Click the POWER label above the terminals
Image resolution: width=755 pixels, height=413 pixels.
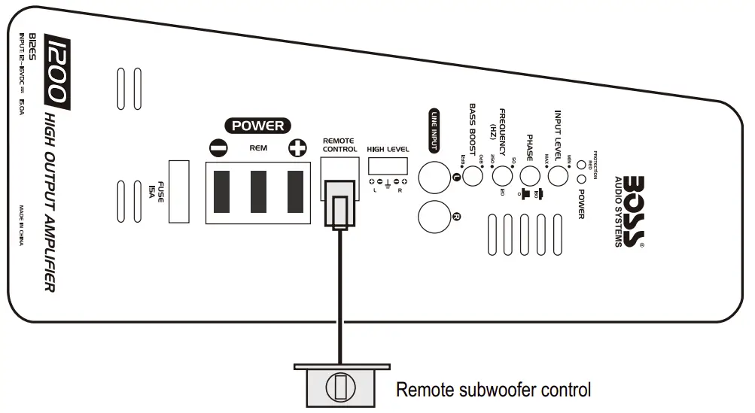point(258,126)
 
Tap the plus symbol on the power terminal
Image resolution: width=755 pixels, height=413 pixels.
point(297,149)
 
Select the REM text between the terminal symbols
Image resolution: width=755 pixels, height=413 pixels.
point(258,148)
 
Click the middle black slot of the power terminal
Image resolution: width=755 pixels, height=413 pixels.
point(258,191)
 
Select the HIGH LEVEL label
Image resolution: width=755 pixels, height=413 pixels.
point(388,149)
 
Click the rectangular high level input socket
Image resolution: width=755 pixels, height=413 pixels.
point(388,166)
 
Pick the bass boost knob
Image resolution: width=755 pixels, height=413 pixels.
point(473,177)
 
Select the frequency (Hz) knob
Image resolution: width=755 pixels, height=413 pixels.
point(501,177)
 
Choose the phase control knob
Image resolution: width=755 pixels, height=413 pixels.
point(530,177)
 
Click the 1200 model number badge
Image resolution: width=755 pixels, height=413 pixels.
point(57,71)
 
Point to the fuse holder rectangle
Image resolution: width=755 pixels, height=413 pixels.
point(179,191)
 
